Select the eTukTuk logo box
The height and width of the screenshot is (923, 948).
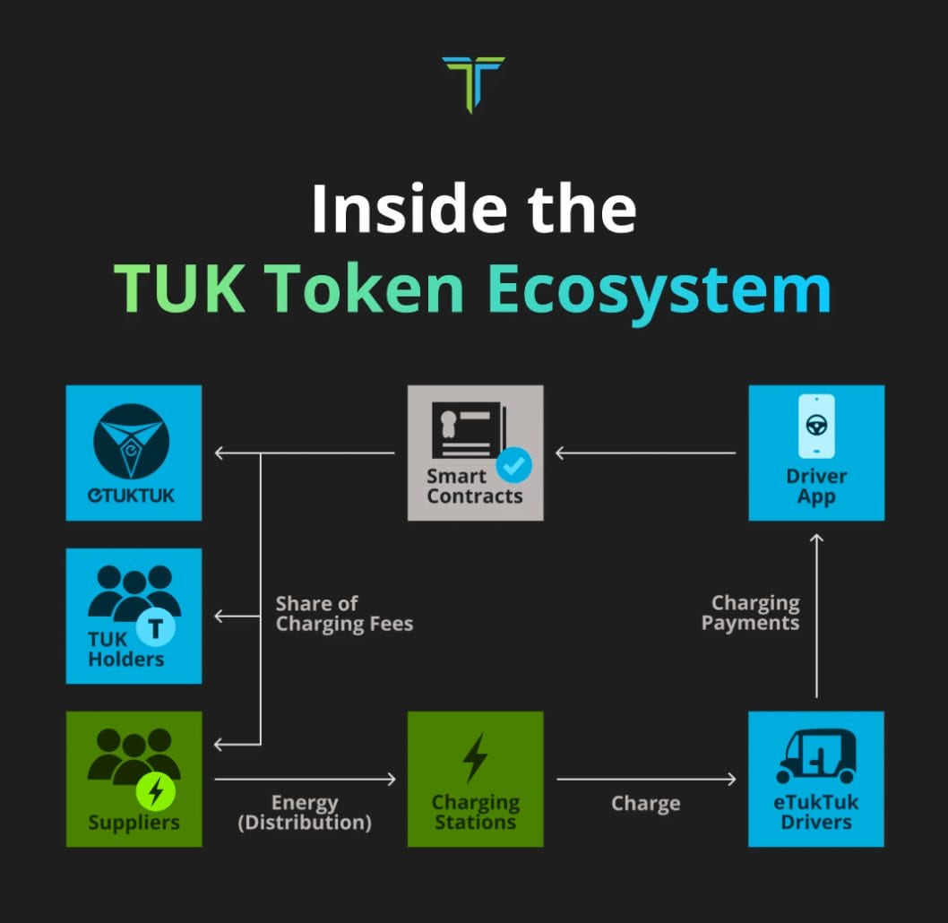tap(134, 453)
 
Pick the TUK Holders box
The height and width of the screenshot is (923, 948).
tap(134, 616)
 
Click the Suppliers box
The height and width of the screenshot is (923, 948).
tap(134, 779)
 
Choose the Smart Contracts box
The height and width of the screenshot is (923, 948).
tap(475, 453)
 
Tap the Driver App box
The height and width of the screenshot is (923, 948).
tap(816, 453)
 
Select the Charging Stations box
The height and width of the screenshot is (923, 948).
tap(475, 779)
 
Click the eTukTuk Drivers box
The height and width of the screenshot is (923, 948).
tap(816, 779)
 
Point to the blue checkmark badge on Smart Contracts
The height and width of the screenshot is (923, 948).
tap(514, 465)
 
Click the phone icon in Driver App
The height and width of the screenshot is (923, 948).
tap(817, 427)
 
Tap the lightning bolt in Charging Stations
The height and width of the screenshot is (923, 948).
tap(475, 758)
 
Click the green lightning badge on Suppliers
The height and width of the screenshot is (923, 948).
tap(155, 791)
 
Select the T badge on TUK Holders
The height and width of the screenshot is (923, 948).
tap(155, 629)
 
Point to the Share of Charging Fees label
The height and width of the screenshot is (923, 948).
tap(344, 614)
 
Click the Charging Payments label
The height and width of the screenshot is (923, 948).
tap(750, 613)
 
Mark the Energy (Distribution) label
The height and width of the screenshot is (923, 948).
tap(305, 813)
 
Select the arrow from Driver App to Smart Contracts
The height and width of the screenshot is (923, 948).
tap(646, 453)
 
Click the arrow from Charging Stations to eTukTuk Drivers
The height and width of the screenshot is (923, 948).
tap(646, 779)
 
